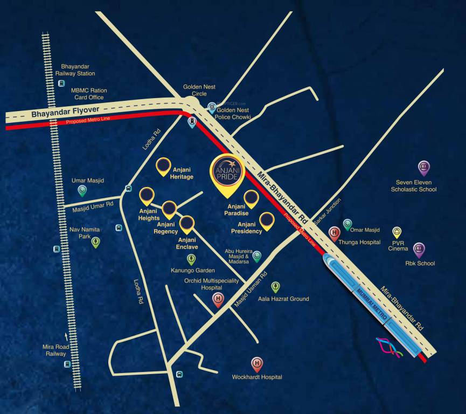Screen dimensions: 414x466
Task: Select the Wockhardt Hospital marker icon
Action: tap(257, 364)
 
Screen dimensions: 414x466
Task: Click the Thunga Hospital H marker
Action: tap(334, 233)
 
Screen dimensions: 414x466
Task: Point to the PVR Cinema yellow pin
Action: tap(397, 232)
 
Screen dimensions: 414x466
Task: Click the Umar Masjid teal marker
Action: tap(82, 190)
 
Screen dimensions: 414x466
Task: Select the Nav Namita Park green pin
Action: tap(95, 242)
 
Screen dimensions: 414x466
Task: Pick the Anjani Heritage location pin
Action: tap(163, 167)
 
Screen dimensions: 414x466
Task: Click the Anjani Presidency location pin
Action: tap(267, 220)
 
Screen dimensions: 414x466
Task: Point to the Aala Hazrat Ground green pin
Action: tap(275, 287)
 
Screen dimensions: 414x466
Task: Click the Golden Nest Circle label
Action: tap(199, 89)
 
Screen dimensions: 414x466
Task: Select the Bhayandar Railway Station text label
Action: tap(78, 70)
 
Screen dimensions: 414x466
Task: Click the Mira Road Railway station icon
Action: tap(67, 364)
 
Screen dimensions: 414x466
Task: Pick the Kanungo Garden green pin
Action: tap(191, 259)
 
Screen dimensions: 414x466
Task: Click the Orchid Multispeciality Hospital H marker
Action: tap(218, 300)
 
